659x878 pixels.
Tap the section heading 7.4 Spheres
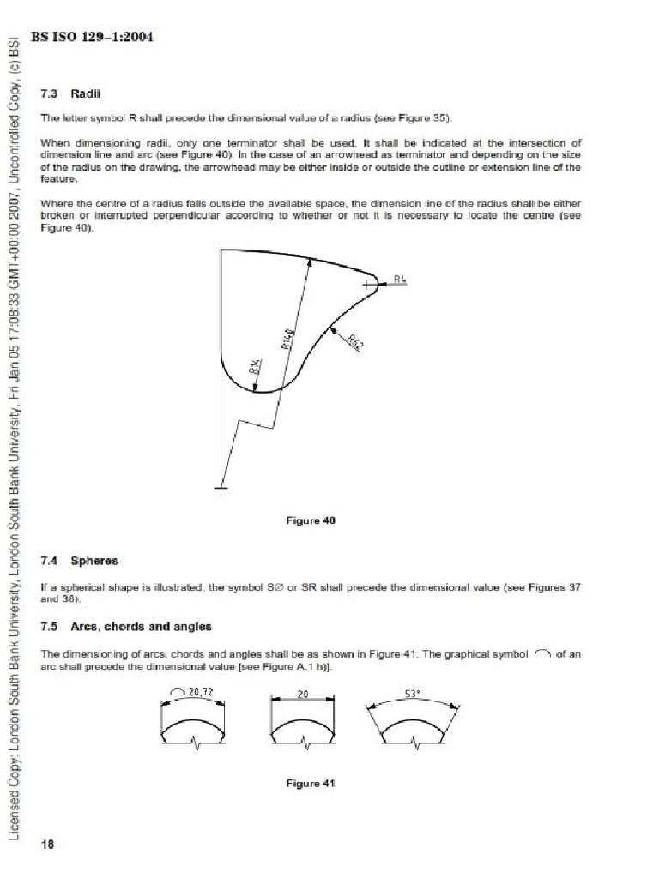(80, 561)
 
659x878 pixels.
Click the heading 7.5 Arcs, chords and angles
(126, 627)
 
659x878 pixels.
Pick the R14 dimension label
(254, 368)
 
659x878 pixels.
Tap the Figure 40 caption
(311, 520)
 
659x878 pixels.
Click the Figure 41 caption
(311, 783)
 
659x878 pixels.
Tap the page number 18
(47, 845)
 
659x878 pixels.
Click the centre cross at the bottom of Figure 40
(221, 489)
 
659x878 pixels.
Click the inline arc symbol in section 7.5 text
(541, 654)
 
